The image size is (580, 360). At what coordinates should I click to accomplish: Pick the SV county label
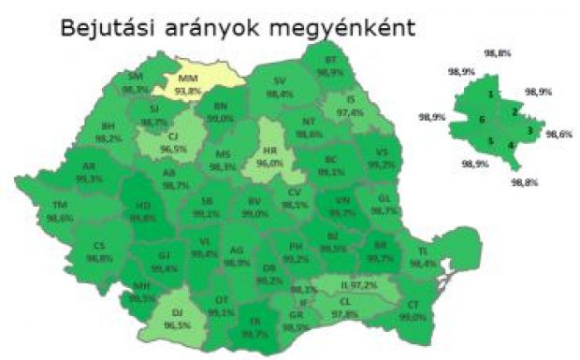pyautogui.click(x=279, y=81)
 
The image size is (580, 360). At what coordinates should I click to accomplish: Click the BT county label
pyautogui.click(x=330, y=59)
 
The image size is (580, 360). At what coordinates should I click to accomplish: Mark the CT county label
pyautogui.click(x=412, y=305)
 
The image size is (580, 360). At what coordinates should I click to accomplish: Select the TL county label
pyautogui.click(x=422, y=252)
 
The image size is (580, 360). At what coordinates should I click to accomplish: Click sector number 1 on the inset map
pyautogui.click(x=490, y=94)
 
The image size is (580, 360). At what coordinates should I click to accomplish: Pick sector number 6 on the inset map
pyautogui.click(x=481, y=120)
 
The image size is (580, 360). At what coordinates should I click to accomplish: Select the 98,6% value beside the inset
pyautogui.click(x=558, y=134)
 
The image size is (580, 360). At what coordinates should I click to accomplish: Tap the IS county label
pyautogui.click(x=351, y=99)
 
